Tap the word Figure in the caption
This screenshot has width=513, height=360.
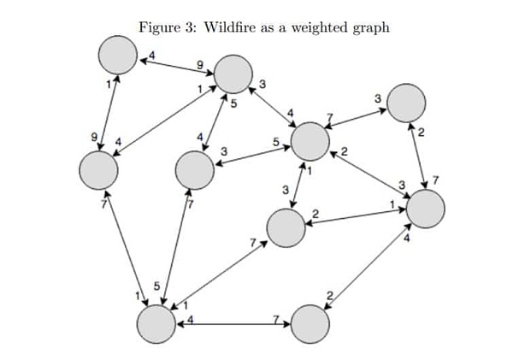coord(159,27)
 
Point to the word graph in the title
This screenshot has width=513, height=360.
coord(370,28)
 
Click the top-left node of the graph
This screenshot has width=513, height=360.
coord(117,56)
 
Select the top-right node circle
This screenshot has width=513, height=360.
coord(405,103)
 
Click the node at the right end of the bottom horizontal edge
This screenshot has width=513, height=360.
coord(310,324)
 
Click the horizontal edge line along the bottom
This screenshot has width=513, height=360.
coord(231,324)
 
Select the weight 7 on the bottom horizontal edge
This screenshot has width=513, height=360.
coord(276,318)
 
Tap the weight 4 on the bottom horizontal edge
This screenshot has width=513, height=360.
coord(190,318)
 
